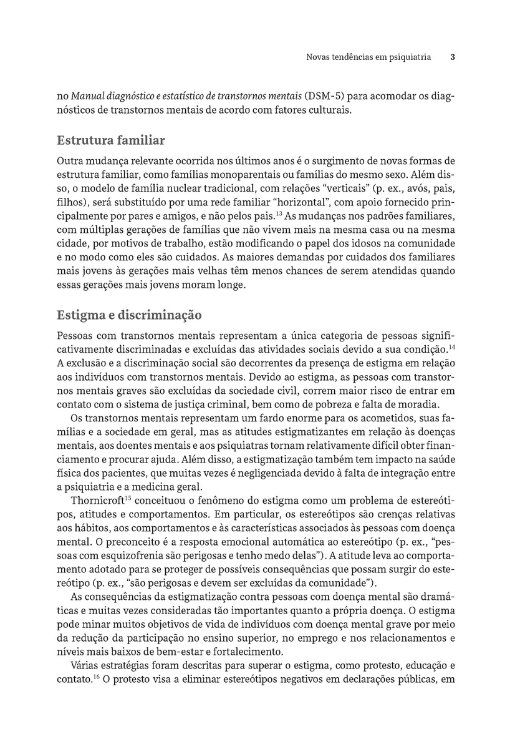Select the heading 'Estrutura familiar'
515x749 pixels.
(110, 140)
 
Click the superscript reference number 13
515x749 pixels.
(279, 213)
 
